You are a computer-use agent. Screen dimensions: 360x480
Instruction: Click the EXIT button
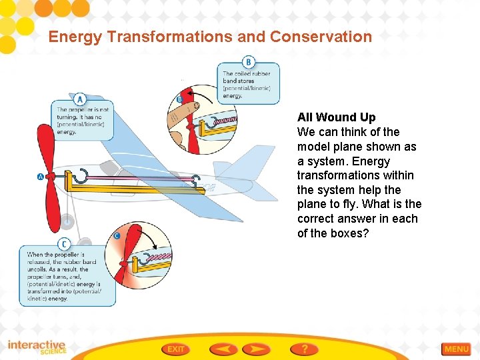[176, 349]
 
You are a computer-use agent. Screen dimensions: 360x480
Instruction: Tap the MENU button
[457, 349]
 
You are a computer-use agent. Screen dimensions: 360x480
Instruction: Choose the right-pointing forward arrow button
[256, 349]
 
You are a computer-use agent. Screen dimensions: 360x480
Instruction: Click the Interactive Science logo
[37, 347]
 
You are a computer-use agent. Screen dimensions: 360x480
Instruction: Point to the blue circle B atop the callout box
[248, 60]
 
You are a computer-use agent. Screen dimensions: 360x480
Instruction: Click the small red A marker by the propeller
[41, 177]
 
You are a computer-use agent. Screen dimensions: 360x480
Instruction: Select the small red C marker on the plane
[117, 235]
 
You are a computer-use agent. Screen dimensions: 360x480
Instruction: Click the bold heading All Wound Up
[336, 117]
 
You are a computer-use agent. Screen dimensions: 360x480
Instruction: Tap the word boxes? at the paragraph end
[353, 233]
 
